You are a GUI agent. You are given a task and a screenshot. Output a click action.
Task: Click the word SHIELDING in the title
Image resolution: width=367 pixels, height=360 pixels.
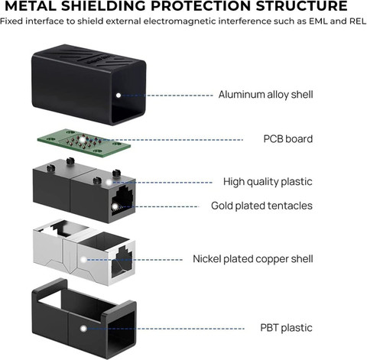(x=104, y=6)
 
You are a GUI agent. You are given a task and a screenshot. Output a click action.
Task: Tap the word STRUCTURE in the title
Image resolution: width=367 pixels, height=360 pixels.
(x=302, y=6)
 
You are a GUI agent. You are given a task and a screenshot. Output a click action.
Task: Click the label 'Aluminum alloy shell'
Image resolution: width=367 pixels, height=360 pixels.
(x=265, y=95)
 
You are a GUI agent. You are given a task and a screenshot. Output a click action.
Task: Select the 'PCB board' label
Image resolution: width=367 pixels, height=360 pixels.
(x=288, y=139)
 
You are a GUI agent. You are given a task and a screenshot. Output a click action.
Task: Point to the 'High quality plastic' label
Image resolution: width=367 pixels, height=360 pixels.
(x=268, y=182)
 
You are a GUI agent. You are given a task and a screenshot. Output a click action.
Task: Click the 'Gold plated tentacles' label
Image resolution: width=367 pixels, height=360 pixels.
(x=261, y=206)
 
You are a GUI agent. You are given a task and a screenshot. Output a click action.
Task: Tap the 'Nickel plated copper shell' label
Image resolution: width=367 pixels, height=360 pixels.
(x=253, y=259)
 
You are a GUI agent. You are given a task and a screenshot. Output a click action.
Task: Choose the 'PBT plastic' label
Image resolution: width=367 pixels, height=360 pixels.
(x=286, y=328)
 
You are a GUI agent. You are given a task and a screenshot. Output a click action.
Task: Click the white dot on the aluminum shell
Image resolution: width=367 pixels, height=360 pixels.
(x=119, y=96)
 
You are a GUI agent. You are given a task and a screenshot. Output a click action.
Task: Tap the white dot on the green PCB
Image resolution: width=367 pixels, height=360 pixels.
(x=82, y=139)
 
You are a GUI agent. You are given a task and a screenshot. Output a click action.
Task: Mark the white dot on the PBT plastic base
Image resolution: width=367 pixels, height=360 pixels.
(x=83, y=329)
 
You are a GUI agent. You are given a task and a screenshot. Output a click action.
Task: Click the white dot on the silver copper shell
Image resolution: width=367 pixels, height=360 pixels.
(x=83, y=260)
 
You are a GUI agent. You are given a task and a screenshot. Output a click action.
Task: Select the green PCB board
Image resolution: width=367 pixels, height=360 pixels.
(x=84, y=143)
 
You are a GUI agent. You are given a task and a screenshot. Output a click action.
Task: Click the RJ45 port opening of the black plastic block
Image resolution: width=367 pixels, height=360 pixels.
(x=122, y=201)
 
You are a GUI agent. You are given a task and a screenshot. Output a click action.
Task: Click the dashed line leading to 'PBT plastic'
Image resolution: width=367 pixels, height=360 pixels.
(x=166, y=329)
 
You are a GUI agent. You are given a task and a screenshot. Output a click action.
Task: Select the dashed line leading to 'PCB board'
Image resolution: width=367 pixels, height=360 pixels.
(x=164, y=140)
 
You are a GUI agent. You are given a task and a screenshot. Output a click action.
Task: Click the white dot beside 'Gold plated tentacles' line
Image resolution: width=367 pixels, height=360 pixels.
(x=115, y=206)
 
